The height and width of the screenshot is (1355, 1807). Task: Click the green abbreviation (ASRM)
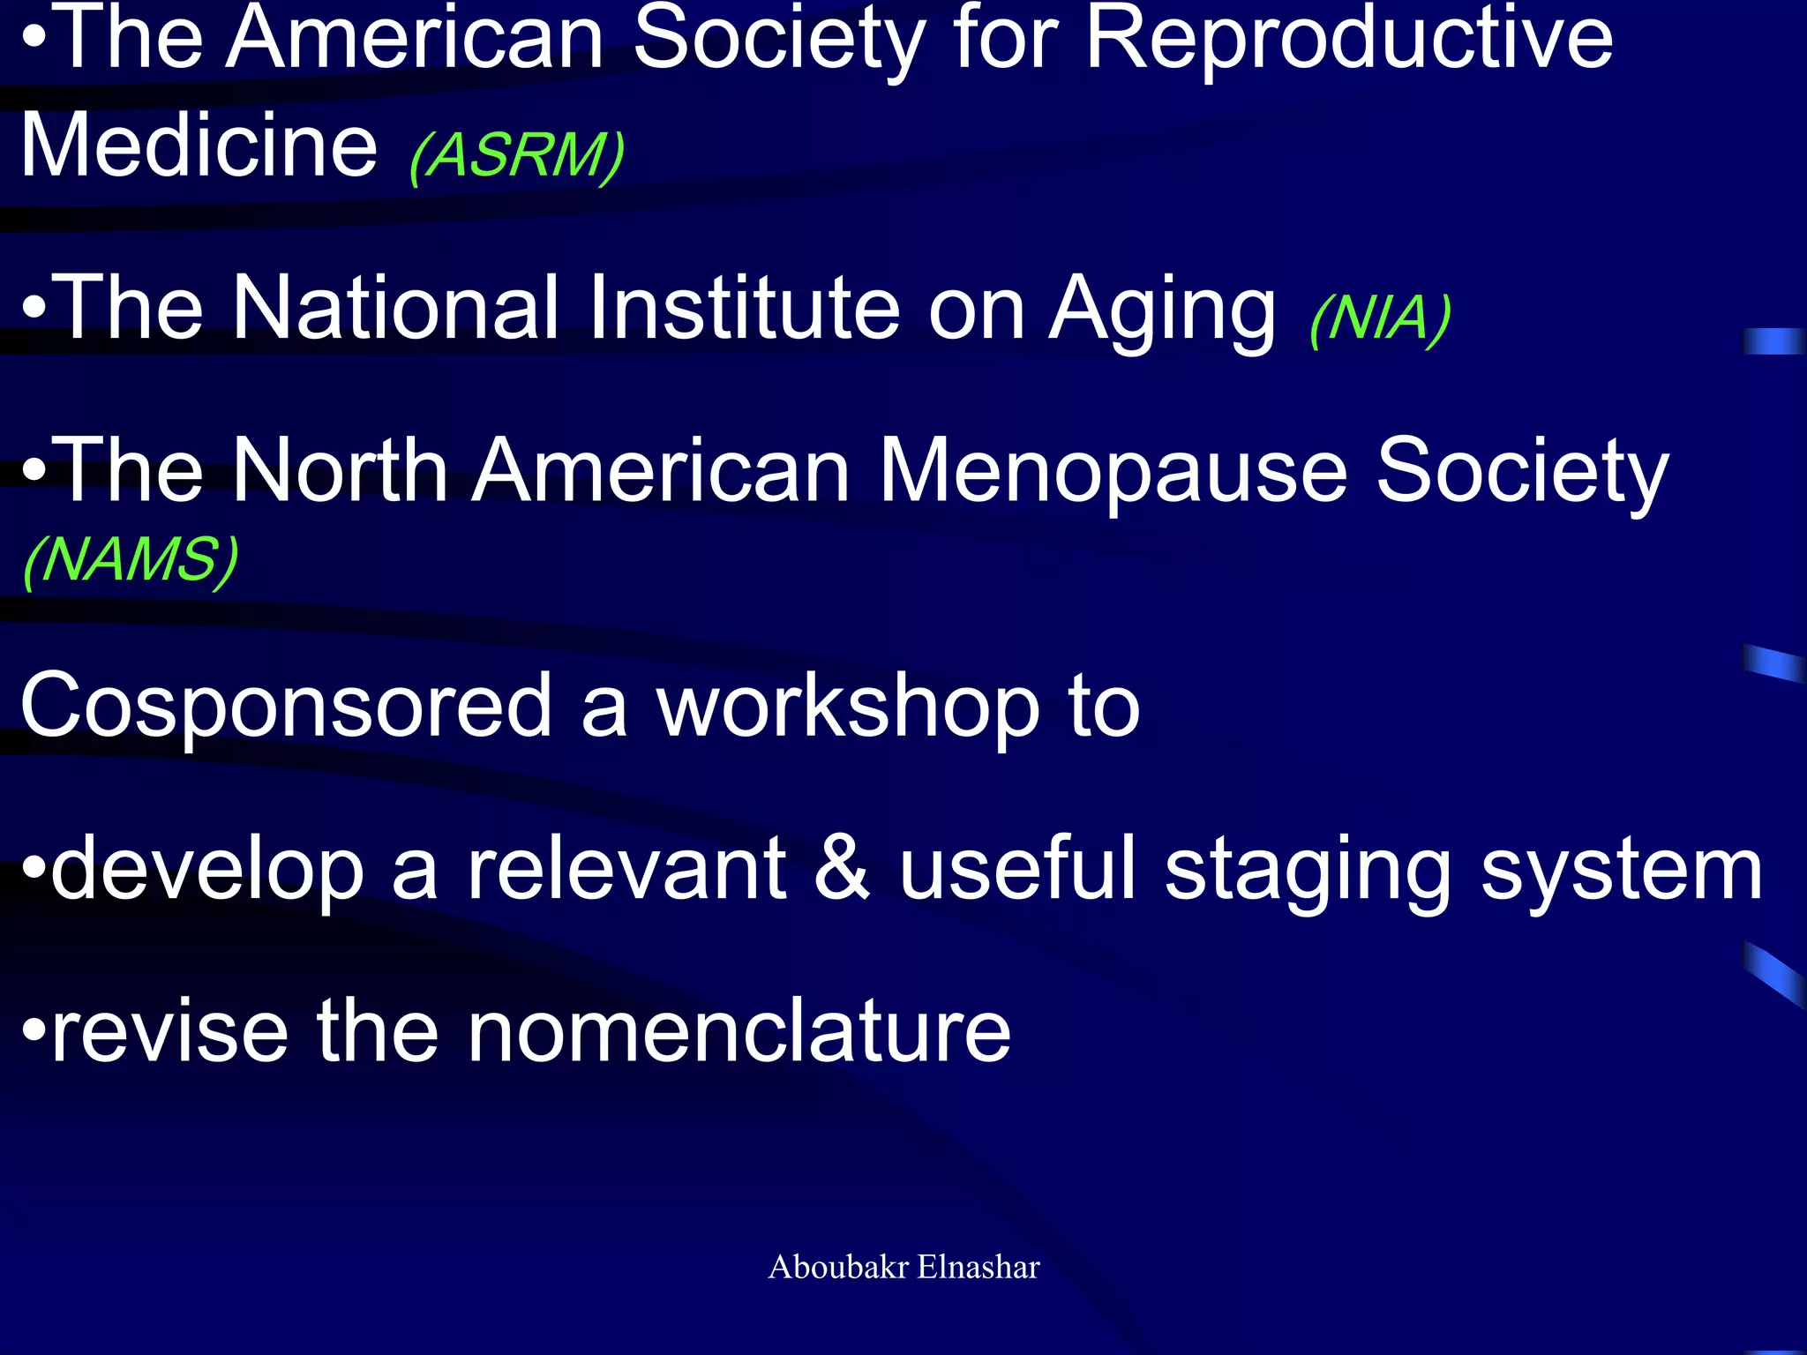coord(517,155)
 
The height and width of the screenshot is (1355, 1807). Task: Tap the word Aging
coord(1162,311)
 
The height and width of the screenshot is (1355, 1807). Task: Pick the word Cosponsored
coord(286,707)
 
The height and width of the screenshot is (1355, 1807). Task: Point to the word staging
coord(1308,873)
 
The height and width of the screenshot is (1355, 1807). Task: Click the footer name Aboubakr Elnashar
coord(903,1267)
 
